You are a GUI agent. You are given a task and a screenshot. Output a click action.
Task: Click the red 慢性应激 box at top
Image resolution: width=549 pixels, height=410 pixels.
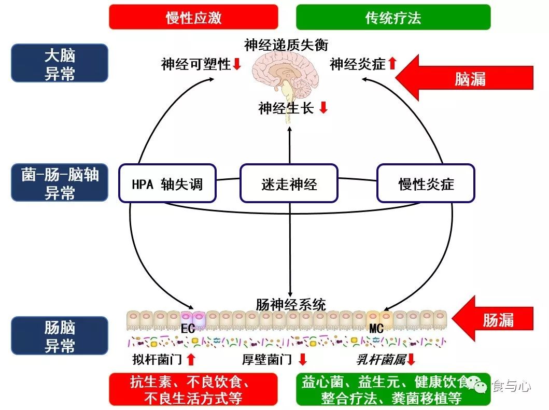[x=193, y=17]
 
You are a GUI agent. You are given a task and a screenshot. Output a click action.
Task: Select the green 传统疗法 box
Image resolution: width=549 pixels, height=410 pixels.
[x=393, y=17]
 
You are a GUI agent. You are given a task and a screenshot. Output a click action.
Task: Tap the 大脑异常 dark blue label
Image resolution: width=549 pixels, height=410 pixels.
[x=60, y=63]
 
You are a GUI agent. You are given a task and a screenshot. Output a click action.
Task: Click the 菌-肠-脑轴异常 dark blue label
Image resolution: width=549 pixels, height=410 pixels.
[x=60, y=183]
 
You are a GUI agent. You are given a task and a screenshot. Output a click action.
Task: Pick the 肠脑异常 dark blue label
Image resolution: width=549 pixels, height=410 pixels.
[x=60, y=335]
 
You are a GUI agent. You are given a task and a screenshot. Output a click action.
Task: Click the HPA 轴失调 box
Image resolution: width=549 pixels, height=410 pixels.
[x=167, y=183]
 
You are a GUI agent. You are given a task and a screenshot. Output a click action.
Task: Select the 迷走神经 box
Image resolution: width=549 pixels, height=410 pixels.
[x=289, y=183]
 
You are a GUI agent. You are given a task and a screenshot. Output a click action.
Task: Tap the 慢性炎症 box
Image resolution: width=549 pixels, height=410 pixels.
[x=426, y=183]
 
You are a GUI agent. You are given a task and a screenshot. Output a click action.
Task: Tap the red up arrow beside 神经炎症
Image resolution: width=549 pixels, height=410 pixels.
[x=392, y=64]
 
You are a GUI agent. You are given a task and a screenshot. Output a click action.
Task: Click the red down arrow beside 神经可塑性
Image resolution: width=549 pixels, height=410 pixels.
[x=237, y=64]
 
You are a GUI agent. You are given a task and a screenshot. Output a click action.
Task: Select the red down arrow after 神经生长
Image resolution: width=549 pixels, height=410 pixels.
[x=323, y=108]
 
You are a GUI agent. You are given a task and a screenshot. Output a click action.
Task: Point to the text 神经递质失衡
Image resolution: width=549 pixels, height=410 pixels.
[x=286, y=45]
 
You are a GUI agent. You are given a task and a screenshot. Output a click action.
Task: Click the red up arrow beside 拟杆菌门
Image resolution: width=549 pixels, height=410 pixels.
[x=191, y=359]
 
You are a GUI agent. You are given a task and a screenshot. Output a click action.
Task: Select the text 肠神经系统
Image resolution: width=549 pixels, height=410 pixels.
[x=291, y=304]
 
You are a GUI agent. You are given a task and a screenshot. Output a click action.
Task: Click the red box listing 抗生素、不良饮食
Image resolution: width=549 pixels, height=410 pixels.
[x=193, y=389]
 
